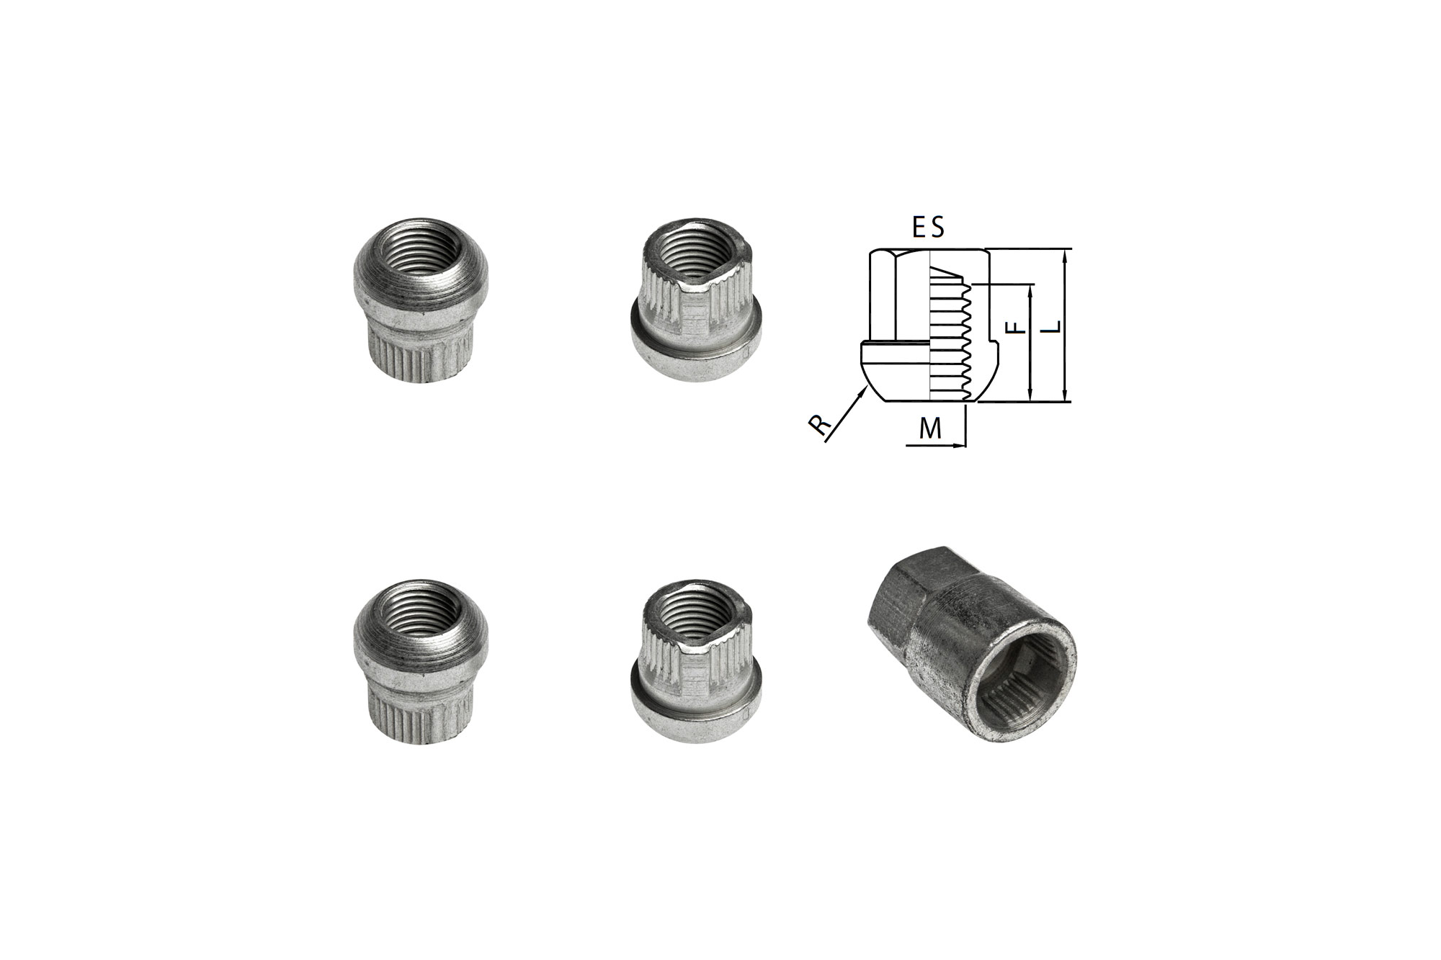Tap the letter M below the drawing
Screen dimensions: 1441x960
(931, 429)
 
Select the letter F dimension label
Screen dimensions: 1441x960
(1015, 327)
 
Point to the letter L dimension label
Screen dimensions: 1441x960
(1053, 326)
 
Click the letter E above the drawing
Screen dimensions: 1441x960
(919, 228)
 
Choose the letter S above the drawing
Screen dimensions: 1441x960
(937, 228)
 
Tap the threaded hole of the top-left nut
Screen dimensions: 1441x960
(421, 256)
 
